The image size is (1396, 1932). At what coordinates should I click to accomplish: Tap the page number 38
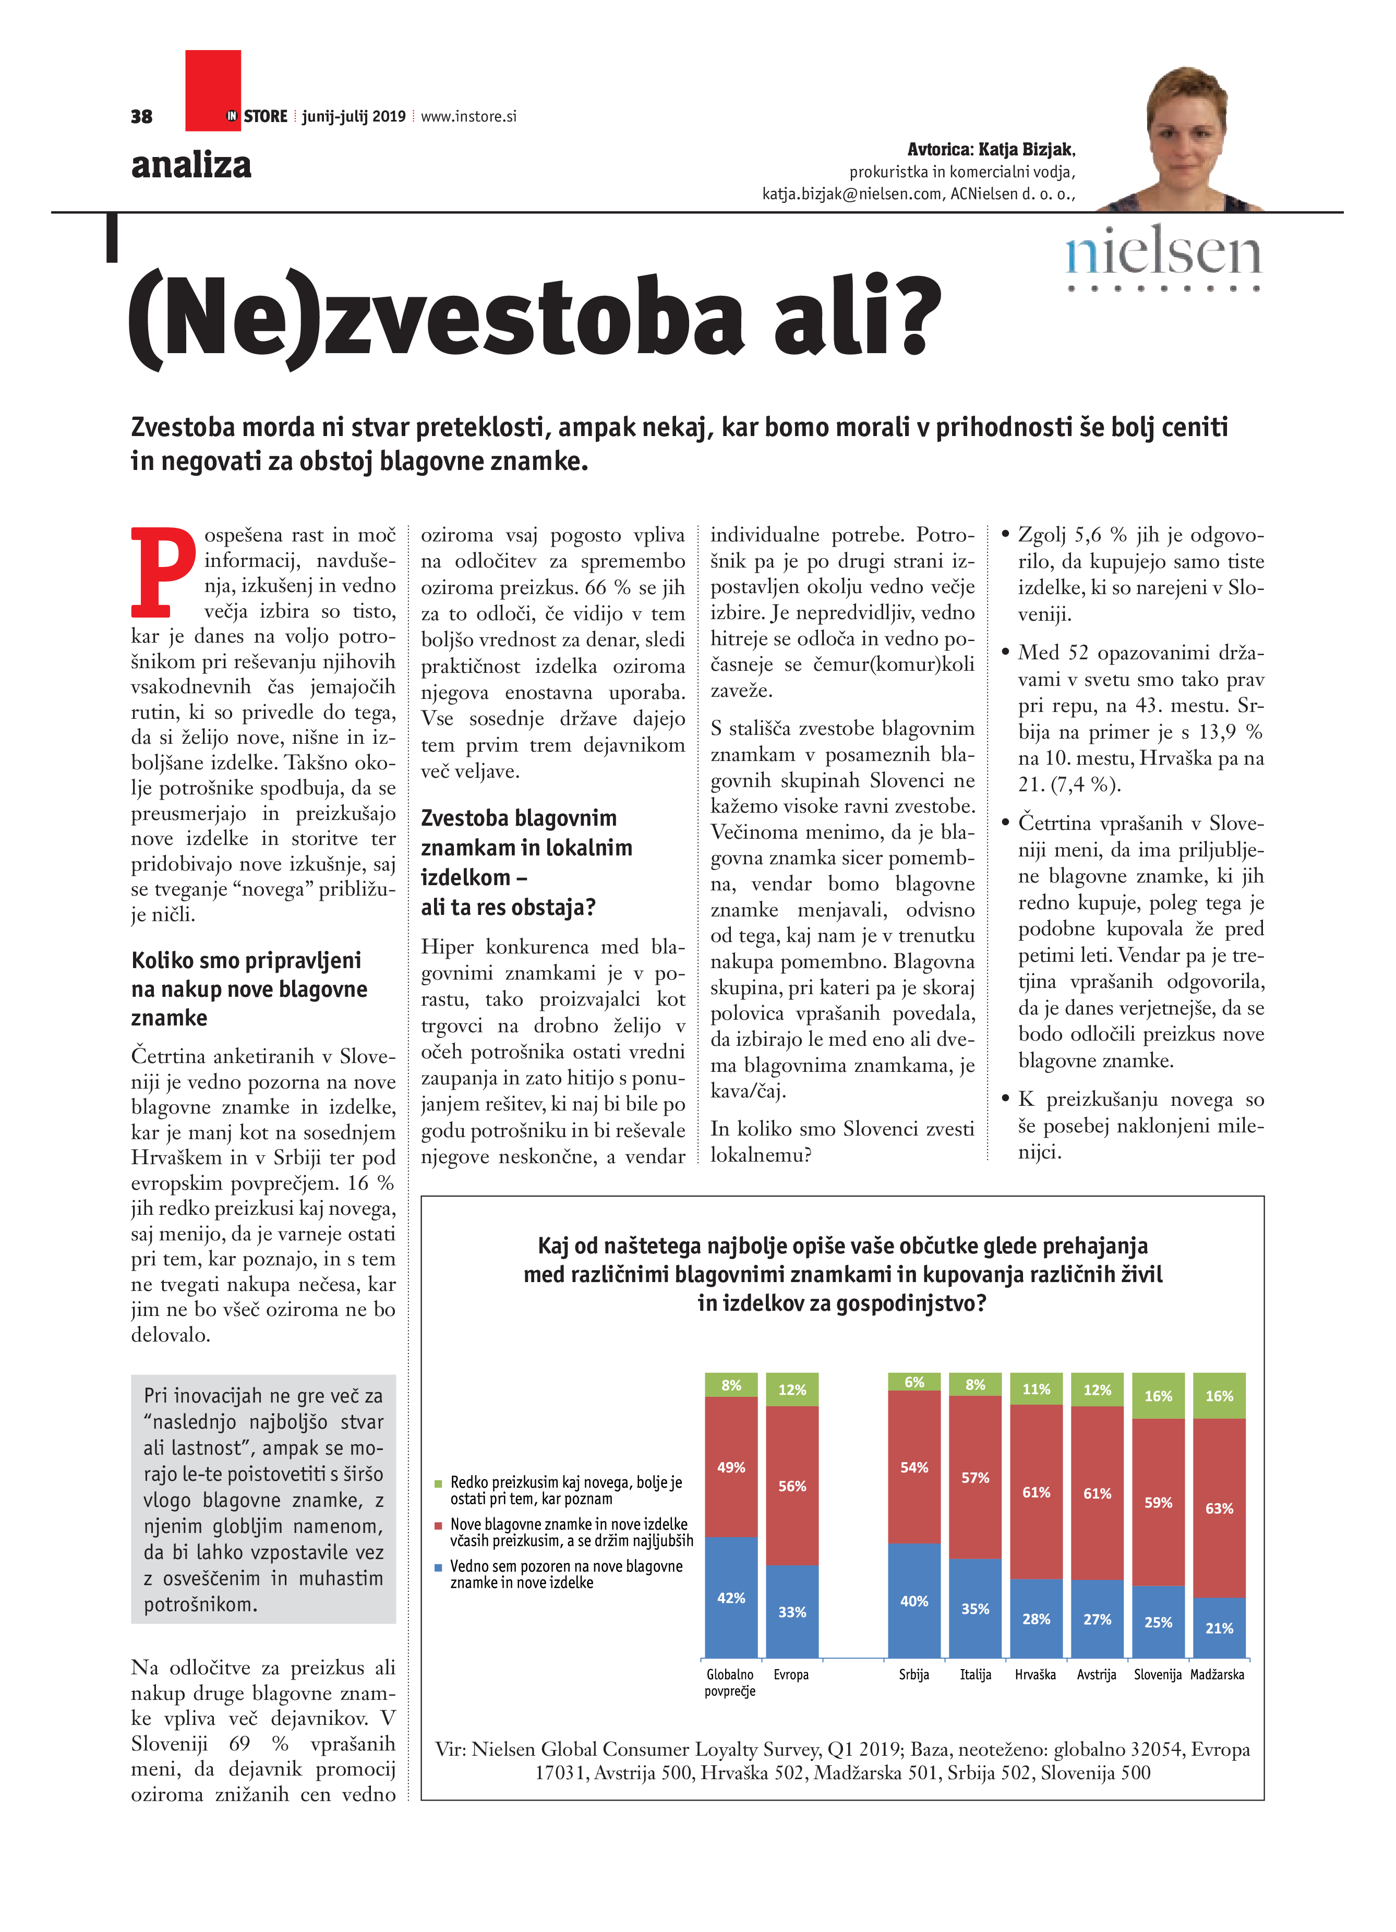pyautogui.click(x=141, y=117)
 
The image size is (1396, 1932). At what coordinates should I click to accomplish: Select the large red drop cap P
pyautogui.click(x=163, y=572)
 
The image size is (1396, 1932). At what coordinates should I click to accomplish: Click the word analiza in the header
pyautogui.click(x=191, y=165)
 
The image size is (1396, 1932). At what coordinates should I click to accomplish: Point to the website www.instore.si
pyautogui.click(x=468, y=117)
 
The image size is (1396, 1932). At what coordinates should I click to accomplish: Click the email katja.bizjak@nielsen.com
pyautogui.click(x=852, y=194)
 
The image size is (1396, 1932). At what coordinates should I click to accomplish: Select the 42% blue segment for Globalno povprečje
pyautogui.click(x=731, y=1597)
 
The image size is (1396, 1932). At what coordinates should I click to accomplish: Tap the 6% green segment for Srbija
pyautogui.click(x=914, y=1382)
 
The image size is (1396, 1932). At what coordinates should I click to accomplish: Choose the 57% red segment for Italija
pyautogui.click(x=975, y=1477)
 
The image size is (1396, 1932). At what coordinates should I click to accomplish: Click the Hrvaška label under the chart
pyautogui.click(x=1035, y=1675)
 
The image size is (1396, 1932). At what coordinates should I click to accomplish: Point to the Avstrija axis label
pyautogui.click(x=1096, y=1675)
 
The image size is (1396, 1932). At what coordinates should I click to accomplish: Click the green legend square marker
pyautogui.click(x=439, y=1483)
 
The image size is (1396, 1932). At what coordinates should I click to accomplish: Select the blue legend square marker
pyautogui.click(x=439, y=1567)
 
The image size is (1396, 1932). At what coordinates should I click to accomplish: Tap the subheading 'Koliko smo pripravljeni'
pyautogui.click(x=246, y=960)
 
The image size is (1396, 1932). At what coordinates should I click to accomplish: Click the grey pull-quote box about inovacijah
pyautogui.click(x=263, y=1499)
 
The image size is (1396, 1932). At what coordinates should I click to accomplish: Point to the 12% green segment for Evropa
pyautogui.click(x=792, y=1390)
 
